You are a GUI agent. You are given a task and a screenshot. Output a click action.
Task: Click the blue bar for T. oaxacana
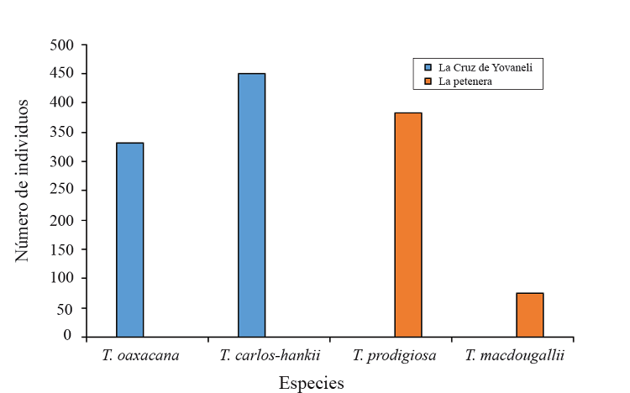click(130, 239)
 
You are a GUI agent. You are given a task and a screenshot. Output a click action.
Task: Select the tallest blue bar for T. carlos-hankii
click(251, 205)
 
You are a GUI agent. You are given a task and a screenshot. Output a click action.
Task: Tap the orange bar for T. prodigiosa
click(408, 224)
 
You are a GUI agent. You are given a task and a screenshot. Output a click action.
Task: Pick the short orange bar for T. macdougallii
click(530, 314)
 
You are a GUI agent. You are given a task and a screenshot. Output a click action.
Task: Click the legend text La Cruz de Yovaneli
click(486, 66)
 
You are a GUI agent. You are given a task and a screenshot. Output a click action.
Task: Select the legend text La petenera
click(465, 81)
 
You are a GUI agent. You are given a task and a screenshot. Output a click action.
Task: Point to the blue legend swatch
click(428, 66)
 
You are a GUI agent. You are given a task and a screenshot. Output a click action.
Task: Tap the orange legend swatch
click(428, 81)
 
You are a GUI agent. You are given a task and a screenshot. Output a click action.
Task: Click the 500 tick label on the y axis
click(62, 45)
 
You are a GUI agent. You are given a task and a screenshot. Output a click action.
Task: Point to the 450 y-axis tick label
click(62, 74)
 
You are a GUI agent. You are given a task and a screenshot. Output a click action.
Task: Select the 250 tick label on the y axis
click(62, 191)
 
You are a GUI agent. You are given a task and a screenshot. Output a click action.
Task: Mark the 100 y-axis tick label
click(62, 278)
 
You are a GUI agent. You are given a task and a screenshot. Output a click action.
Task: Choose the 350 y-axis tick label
click(62, 133)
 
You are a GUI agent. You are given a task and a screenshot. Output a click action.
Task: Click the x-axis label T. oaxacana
click(146, 355)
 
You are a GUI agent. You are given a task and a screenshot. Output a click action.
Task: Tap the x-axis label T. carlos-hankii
click(270, 355)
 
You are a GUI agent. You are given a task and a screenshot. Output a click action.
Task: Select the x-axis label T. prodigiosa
click(394, 355)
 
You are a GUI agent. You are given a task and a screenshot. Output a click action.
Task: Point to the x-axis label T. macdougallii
click(514, 355)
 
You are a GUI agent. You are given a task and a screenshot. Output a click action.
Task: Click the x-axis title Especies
click(311, 383)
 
